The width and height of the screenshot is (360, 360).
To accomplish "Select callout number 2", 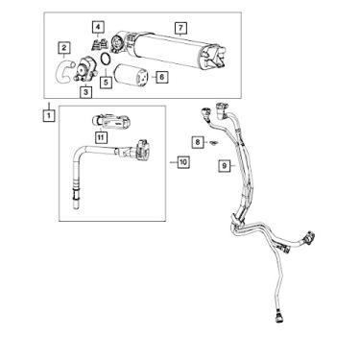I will [x=63, y=47].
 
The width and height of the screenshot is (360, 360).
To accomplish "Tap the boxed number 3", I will [x=86, y=93].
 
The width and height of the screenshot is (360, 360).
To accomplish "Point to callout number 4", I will [x=97, y=24].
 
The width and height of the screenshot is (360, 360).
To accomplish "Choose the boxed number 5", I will [x=107, y=82].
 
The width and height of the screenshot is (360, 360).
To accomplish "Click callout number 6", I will [x=160, y=76].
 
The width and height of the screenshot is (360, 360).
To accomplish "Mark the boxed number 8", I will [x=198, y=141].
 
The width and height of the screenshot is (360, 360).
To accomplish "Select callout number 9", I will [x=223, y=165].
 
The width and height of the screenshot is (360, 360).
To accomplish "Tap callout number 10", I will [x=181, y=164].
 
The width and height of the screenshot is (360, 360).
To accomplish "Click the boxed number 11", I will [x=102, y=138].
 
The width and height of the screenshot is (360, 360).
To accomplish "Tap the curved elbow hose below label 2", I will [x=62, y=67].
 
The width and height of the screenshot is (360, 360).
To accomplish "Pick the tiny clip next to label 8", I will [x=212, y=142].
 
